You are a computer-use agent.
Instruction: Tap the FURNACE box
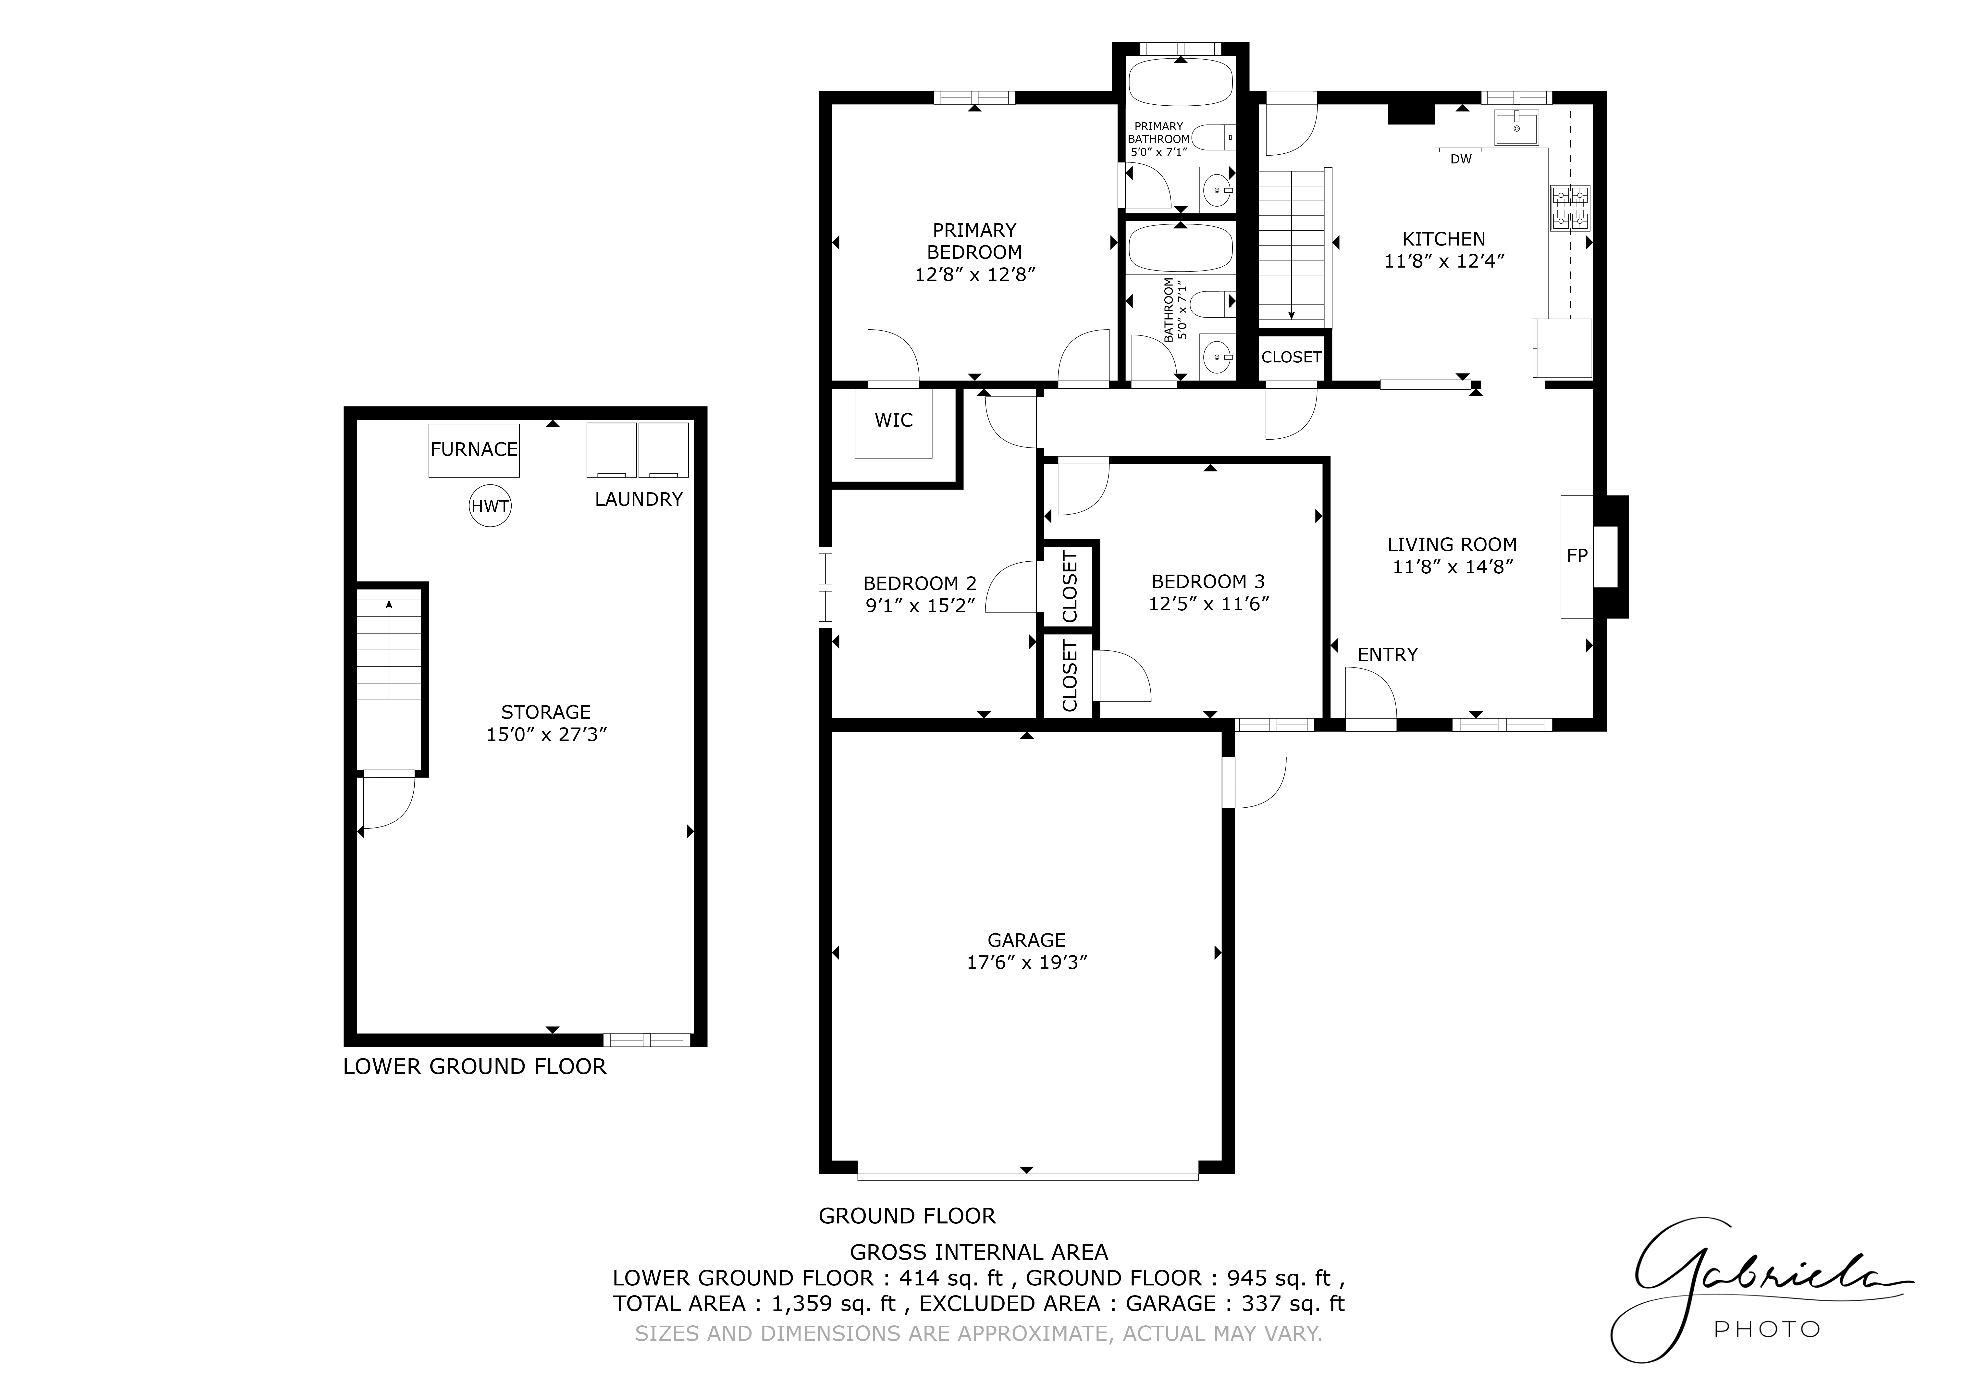tap(474, 450)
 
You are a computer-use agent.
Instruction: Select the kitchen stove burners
tap(1570, 209)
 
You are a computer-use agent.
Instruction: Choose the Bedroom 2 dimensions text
tap(920, 605)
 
